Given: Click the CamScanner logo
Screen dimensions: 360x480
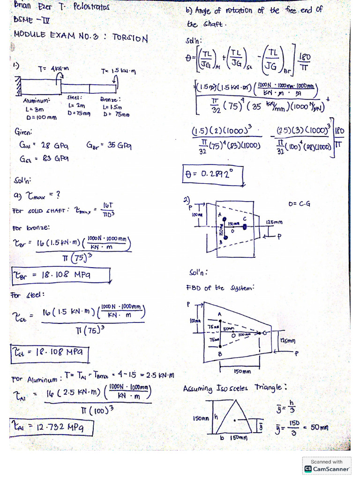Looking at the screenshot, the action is pyautogui.click(x=327, y=468).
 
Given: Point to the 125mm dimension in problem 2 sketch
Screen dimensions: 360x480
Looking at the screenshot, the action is pyautogui.click(x=274, y=222).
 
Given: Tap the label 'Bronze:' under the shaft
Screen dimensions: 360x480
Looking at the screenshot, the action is pyautogui.click(x=111, y=100).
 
